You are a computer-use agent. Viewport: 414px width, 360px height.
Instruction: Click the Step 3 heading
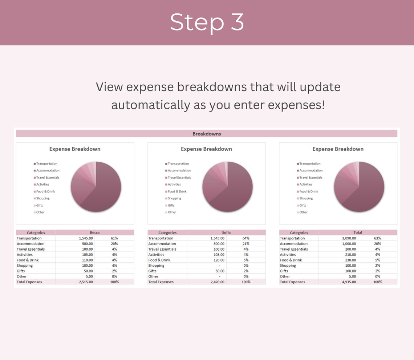click(x=207, y=23)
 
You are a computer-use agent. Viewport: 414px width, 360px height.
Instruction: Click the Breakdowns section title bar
click(x=207, y=134)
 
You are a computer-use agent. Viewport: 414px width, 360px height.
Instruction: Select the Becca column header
click(x=94, y=232)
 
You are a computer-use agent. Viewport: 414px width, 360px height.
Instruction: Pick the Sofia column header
click(x=226, y=232)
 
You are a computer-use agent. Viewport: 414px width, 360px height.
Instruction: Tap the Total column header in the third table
click(x=357, y=232)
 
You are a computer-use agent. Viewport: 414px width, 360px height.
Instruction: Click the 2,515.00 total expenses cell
click(x=86, y=282)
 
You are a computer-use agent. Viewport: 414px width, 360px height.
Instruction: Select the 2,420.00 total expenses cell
click(x=217, y=282)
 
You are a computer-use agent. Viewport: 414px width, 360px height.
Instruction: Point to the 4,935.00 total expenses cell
click(x=349, y=282)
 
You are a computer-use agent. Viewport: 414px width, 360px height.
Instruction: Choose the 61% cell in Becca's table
click(x=114, y=238)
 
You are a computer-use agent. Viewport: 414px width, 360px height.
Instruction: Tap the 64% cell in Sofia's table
click(x=246, y=238)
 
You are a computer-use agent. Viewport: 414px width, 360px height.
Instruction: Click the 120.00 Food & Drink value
click(x=219, y=260)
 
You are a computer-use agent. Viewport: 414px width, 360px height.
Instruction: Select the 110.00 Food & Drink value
click(x=87, y=260)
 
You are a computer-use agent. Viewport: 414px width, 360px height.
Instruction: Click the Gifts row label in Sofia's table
click(x=153, y=271)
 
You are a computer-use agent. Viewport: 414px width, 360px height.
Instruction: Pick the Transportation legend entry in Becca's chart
click(x=46, y=164)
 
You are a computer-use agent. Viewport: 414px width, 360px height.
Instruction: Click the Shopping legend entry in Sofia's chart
click(x=174, y=198)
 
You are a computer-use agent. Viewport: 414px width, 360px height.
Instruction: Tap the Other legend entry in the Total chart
click(x=303, y=212)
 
